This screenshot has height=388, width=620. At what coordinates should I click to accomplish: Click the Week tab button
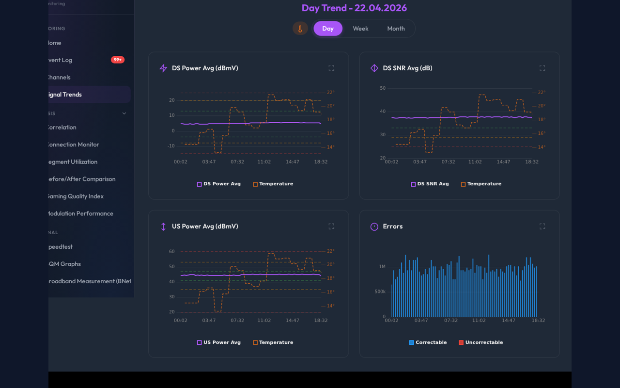pyautogui.click(x=360, y=29)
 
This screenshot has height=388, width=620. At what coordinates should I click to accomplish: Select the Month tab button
pyautogui.click(x=396, y=29)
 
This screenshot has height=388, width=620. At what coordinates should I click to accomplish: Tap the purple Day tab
pyautogui.click(x=328, y=29)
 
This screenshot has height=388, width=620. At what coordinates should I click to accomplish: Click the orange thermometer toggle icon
pyautogui.click(x=300, y=29)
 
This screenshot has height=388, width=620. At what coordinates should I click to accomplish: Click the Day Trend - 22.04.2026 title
pyautogui.click(x=354, y=8)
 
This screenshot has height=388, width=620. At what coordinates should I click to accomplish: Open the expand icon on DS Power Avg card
pyautogui.click(x=331, y=68)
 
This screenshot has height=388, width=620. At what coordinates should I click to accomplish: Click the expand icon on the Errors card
pyautogui.click(x=542, y=226)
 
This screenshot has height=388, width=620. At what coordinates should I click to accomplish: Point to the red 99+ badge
pyautogui.click(x=118, y=60)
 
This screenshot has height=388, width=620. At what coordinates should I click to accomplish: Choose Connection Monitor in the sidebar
pyautogui.click(x=72, y=145)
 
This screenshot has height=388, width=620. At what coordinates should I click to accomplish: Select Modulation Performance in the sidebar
pyautogui.click(x=79, y=213)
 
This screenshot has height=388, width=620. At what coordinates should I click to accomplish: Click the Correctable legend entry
pyautogui.click(x=428, y=342)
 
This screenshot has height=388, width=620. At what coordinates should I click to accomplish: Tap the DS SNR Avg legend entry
pyautogui.click(x=430, y=184)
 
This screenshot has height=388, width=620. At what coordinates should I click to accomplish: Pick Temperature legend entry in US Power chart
pyautogui.click(x=273, y=342)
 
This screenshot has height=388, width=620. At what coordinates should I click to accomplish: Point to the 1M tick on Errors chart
pyautogui.click(x=382, y=267)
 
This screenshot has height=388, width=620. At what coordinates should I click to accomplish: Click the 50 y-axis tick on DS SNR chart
pyautogui.click(x=383, y=88)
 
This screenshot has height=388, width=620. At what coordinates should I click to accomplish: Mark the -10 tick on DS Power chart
pyautogui.click(x=171, y=146)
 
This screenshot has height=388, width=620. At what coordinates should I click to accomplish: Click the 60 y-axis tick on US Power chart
pyautogui.click(x=171, y=252)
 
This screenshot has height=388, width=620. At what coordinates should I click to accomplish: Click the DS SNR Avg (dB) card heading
pyautogui.click(x=407, y=68)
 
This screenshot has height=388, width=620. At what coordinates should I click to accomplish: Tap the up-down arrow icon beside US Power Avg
pyautogui.click(x=163, y=226)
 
